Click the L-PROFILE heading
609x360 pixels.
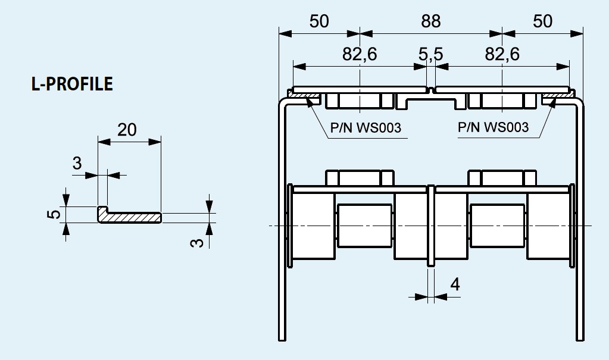pyautogui.click(x=71, y=84)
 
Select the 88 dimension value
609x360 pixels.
pyautogui.click(x=430, y=21)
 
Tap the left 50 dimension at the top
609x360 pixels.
pyautogui.click(x=319, y=21)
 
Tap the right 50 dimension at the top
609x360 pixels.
pyautogui.click(x=542, y=21)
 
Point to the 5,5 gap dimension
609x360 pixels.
pyautogui.click(x=430, y=54)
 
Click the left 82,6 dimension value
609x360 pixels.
pyautogui.click(x=360, y=54)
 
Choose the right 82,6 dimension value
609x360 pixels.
pyautogui.click(x=502, y=54)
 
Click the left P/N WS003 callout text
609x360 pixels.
pyautogui.click(x=365, y=127)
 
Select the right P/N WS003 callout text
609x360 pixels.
pyautogui.click(x=493, y=127)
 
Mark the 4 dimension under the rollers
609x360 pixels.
pyautogui.click(x=455, y=284)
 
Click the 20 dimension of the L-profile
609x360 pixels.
pyautogui.click(x=127, y=129)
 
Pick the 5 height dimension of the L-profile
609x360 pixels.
pyautogui.click(x=54, y=213)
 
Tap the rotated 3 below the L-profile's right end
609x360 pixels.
pyautogui.click(x=199, y=240)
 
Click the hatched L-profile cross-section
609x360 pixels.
pyautogui.click(x=130, y=217)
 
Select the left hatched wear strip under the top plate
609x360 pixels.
pyautogui.click(x=305, y=95)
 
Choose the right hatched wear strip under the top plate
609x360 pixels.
pyautogui.click(x=557, y=95)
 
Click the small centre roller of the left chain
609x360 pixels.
pyautogui.click(x=364, y=226)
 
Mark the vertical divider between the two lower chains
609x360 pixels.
pyautogui.click(x=430, y=226)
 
